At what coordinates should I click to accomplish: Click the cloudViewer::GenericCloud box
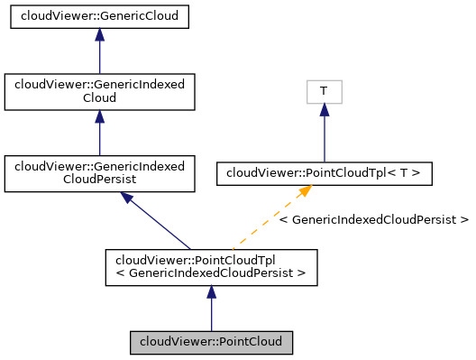click(99, 16)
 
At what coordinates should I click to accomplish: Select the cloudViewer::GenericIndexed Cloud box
click(99, 93)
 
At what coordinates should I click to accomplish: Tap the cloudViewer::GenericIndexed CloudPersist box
click(99, 174)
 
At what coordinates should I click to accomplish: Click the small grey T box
click(324, 92)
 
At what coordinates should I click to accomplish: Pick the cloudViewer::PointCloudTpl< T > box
click(324, 173)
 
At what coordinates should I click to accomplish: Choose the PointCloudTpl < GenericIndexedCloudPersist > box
click(211, 266)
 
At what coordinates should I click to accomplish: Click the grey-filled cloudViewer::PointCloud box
click(211, 343)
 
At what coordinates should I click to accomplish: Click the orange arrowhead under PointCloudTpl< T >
click(305, 191)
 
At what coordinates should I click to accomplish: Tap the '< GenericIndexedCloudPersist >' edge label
click(373, 219)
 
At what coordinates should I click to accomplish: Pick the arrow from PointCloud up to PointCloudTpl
click(211, 311)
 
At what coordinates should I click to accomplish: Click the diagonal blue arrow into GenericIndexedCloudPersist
click(158, 221)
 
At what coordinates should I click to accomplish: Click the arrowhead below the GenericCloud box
click(99, 35)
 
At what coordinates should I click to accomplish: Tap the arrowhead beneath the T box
click(324, 110)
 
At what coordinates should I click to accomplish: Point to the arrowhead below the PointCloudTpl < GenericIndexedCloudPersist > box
click(211, 293)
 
